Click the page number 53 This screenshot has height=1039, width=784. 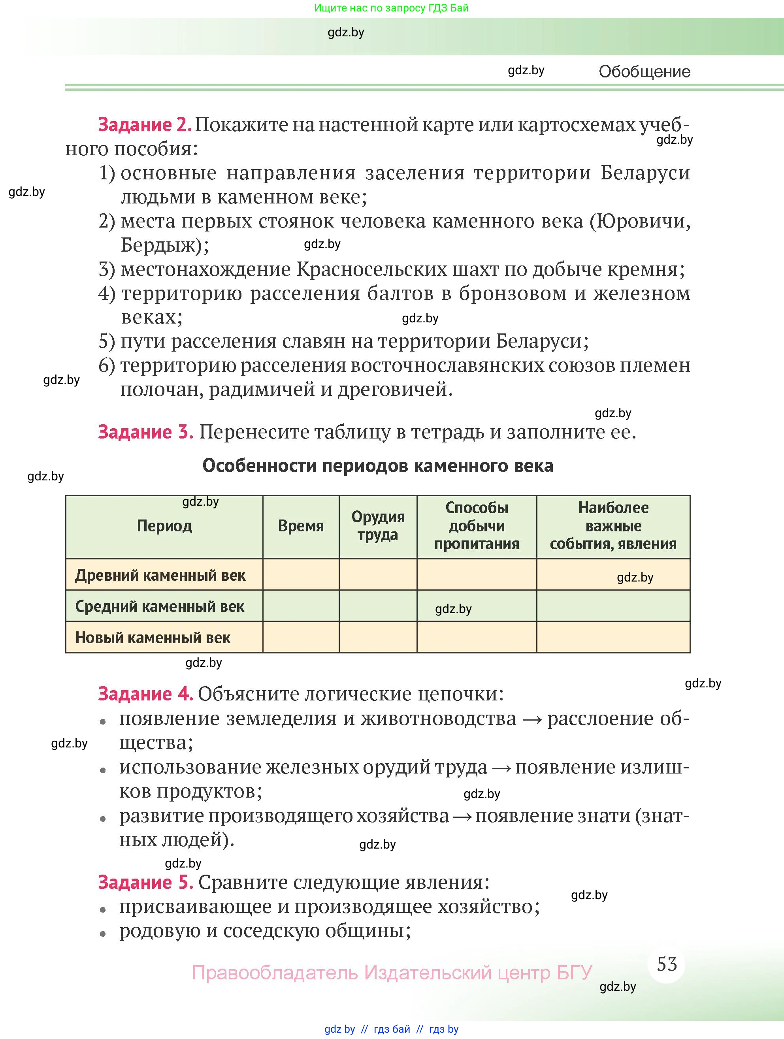coord(667,964)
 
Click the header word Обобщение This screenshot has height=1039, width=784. coord(645,72)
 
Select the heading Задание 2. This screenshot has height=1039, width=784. coord(145,124)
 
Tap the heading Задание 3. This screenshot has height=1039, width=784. coord(146,432)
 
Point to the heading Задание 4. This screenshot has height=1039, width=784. coord(146,693)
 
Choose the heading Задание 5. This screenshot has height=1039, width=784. coord(146,882)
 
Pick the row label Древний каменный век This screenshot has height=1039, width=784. coord(160,575)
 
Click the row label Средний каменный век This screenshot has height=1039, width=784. coord(160,606)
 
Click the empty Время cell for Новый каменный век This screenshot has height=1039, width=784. coord(301,637)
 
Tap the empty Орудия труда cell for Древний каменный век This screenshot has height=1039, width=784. coord(378,574)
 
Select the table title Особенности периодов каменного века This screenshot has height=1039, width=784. coord(378,465)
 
